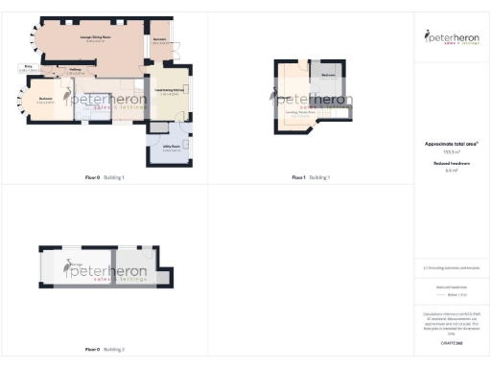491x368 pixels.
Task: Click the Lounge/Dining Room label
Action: pos(94,38)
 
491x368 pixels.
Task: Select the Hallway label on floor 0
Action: pos(76,70)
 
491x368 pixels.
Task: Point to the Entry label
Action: pos(27,68)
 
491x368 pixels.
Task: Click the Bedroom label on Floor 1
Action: pos(328,75)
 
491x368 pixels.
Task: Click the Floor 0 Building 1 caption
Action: pos(105,178)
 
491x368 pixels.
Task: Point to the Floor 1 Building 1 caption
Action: pos(311,178)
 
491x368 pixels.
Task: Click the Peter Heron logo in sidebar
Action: pos(452,38)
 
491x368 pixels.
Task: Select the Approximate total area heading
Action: pos(452,144)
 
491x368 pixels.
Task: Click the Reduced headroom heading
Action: pos(452,164)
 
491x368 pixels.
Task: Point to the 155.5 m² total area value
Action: pos(452,151)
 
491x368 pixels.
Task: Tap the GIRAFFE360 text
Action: pos(452,342)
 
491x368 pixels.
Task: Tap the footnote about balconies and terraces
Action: pos(452,267)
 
